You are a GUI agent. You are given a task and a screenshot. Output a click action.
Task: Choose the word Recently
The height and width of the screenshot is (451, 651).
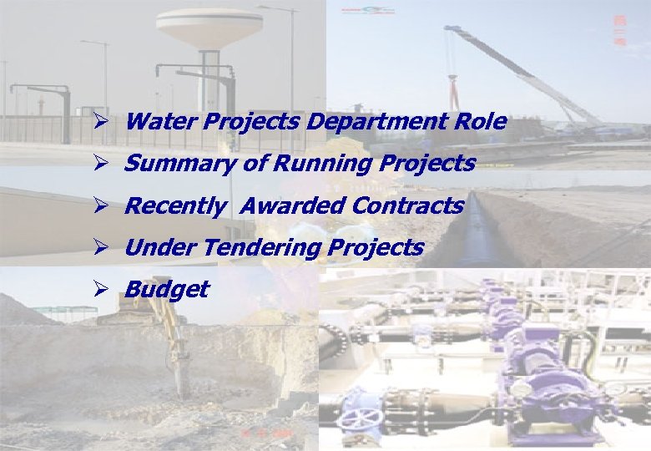(174, 205)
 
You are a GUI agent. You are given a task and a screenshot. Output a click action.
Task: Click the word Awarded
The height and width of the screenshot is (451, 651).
(285, 205)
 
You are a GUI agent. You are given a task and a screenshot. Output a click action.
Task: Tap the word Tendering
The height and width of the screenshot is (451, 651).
(263, 248)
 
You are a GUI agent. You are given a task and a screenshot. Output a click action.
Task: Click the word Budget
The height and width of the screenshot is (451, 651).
(166, 290)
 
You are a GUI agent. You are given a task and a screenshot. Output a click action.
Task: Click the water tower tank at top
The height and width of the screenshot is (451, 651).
(209, 28)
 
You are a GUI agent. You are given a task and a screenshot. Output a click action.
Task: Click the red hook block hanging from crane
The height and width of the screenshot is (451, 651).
(453, 84)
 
